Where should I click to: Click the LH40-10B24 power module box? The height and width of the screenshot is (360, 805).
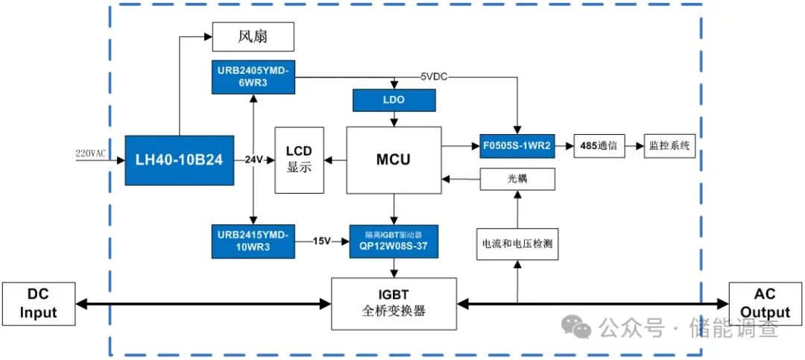[179, 160]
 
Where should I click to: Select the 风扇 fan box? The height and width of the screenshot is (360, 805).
[253, 37]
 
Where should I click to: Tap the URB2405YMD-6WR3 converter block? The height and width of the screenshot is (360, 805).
[254, 77]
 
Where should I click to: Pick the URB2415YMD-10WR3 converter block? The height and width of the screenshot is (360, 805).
[254, 241]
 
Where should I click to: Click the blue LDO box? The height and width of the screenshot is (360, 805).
[394, 99]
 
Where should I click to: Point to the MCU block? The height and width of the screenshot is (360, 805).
[393, 160]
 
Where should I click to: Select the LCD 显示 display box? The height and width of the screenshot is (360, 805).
[300, 160]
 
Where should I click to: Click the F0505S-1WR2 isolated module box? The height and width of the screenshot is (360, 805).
[515, 145]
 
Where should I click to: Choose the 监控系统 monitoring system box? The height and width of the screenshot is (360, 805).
[670, 145]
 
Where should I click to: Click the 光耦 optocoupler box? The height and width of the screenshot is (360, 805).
[517, 178]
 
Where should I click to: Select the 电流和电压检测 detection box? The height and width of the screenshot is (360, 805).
[517, 244]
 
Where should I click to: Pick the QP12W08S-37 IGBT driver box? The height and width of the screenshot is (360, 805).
[394, 241]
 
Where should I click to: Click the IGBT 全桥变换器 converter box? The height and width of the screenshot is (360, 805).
[394, 303]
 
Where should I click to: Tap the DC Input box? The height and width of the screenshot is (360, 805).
[38, 304]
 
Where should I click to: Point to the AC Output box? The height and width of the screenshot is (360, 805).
[764, 304]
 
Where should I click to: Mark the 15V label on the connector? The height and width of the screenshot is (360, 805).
[321, 241]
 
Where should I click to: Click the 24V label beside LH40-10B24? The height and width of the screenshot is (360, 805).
[255, 160]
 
